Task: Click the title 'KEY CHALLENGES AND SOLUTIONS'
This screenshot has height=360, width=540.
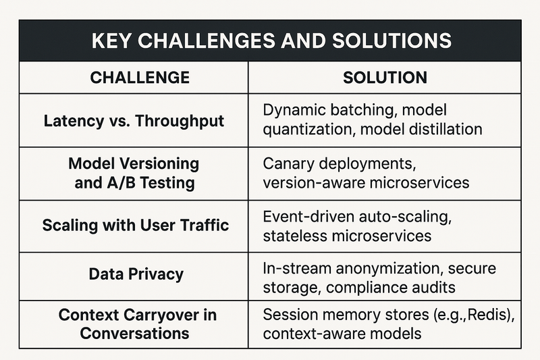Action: [x=271, y=41]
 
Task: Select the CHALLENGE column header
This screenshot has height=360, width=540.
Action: [x=140, y=78]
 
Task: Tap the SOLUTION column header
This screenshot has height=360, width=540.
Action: [x=385, y=78]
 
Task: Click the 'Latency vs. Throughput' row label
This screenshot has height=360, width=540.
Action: [x=134, y=122]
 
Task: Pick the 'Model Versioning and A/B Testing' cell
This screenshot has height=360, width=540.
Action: [x=134, y=174]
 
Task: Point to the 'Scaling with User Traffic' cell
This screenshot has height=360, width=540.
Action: [x=136, y=226]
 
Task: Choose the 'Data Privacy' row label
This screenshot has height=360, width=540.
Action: [x=136, y=275]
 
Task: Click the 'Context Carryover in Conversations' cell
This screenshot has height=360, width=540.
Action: [x=137, y=324]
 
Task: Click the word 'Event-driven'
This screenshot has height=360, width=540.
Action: [x=308, y=217]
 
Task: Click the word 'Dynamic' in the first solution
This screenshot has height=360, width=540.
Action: [x=294, y=111]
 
